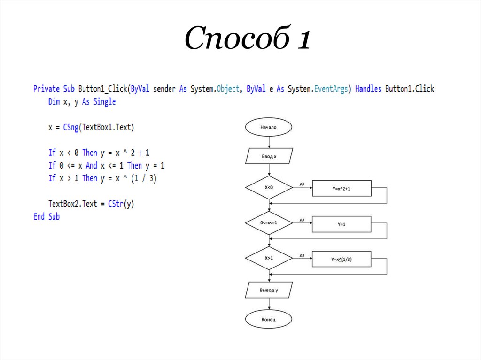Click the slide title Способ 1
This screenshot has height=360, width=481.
point(247,38)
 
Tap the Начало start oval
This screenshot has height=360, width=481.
point(269,127)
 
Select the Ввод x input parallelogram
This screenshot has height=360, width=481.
point(269,156)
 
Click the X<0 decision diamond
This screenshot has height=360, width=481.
point(269,188)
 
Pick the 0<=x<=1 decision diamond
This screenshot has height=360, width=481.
point(269,223)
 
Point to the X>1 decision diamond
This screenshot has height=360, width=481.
point(269,258)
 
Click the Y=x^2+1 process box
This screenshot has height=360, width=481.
point(341,188)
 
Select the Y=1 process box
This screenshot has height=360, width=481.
point(341,224)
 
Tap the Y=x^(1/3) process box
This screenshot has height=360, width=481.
point(341,259)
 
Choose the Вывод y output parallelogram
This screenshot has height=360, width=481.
point(269,290)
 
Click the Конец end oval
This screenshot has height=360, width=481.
point(269,320)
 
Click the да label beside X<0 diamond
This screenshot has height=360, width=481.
point(302,184)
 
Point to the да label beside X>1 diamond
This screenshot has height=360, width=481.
point(302,255)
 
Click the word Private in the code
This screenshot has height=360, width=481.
point(47,89)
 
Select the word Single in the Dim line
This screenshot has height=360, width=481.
point(104,102)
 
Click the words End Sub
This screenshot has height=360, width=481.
point(47,217)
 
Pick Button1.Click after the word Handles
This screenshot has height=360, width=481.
point(410,89)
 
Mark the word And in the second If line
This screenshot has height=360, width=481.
point(92,166)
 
